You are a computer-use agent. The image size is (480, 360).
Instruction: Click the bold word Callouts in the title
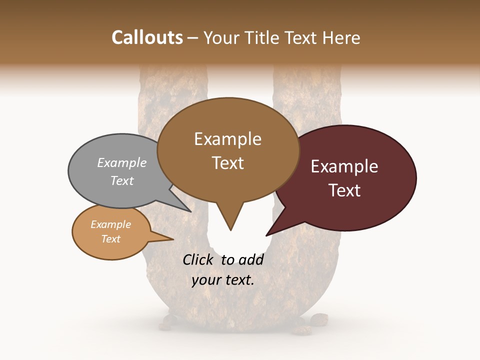point(147,37)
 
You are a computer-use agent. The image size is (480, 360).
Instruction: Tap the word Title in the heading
point(264,37)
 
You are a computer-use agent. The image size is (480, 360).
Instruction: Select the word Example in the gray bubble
point(122,163)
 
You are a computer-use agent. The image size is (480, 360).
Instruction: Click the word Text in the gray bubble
point(122,180)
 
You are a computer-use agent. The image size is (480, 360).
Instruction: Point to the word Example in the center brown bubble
point(227,139)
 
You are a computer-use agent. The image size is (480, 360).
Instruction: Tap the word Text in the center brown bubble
point(227,163)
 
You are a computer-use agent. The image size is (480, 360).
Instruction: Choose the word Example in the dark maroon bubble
point(344,166)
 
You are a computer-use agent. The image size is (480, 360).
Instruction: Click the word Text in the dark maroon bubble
point(344,190)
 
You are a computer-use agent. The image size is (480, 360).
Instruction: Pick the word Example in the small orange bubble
point(111,224)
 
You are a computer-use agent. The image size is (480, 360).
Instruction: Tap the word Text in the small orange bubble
point(111,239)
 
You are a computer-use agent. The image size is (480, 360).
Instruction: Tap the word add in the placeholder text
point(251,259)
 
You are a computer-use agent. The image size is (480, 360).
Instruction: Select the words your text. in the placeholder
point(223,280)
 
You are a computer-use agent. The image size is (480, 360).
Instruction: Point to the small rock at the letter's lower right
point(318,318)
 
